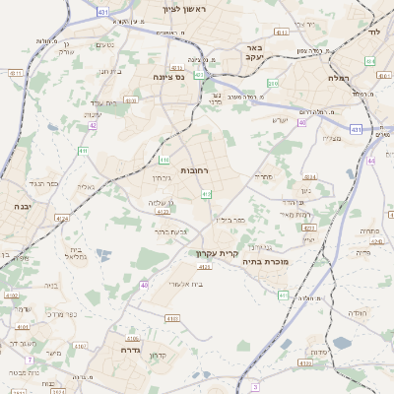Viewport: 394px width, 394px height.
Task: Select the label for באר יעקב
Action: [x=255, y=51]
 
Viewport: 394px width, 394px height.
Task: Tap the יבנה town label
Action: [x=20, y=206]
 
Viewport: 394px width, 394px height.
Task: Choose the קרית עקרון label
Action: [x=214, y=253]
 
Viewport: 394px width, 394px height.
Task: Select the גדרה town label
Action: [x=131, y=350]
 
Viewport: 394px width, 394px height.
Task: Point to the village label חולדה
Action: [x=357, y=312]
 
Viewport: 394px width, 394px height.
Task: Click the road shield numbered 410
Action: [x=164, y=160]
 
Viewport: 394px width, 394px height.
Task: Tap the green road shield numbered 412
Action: [x=205, y=195]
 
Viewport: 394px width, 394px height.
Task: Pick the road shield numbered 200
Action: [x=273, y=84]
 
